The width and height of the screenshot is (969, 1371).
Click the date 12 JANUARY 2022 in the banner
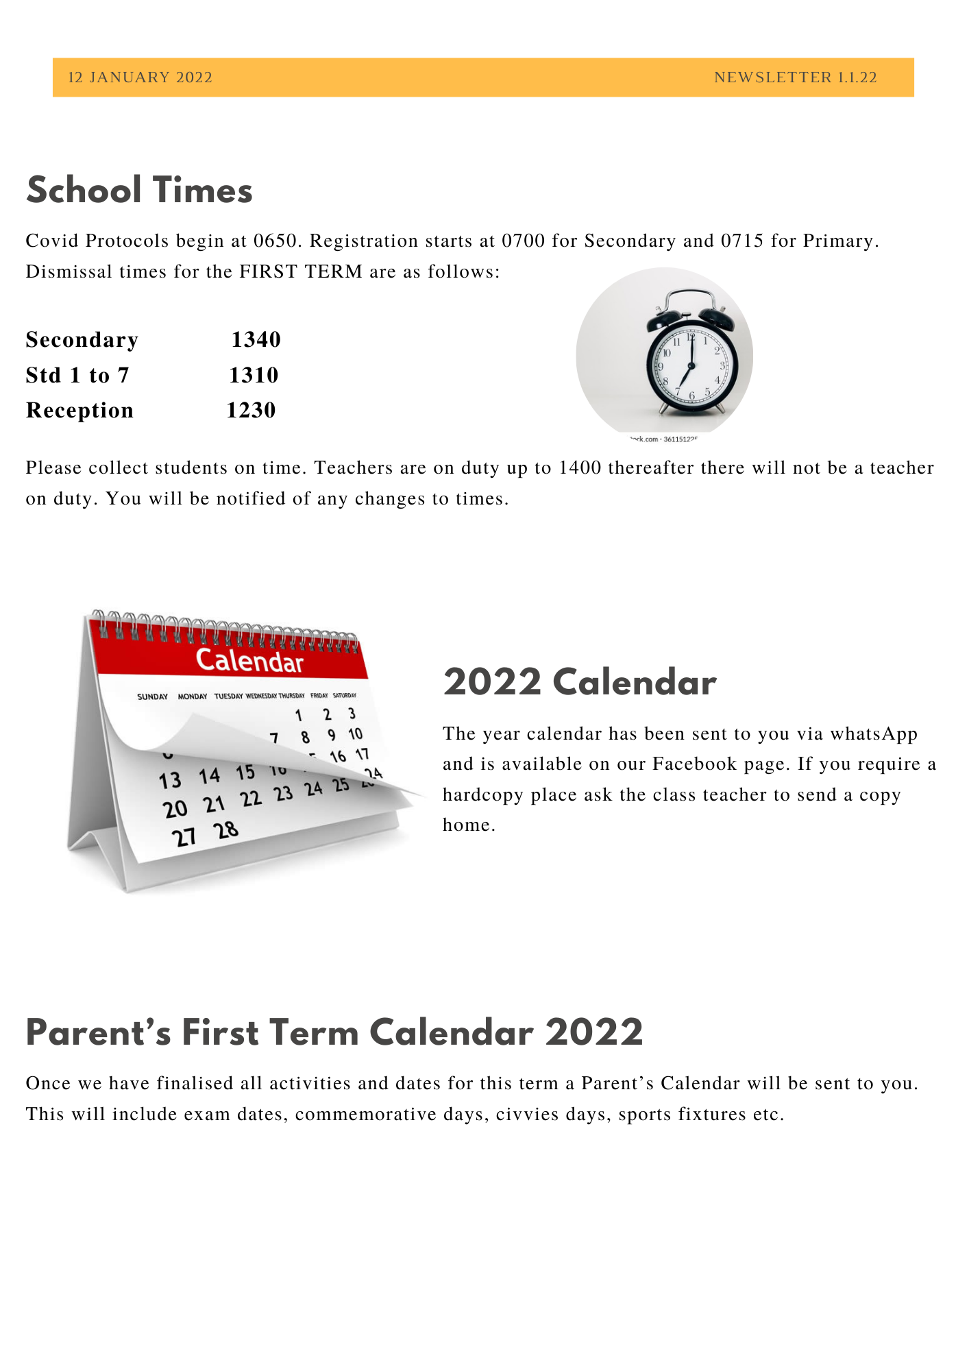140,77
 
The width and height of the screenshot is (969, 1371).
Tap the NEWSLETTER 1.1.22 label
795,77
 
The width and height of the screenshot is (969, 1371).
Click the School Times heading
139,191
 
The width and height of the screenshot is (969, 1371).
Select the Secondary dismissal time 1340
256,339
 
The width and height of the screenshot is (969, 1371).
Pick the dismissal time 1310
254,375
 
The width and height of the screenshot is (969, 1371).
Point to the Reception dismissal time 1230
251,410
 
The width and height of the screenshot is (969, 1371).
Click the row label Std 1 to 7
77,375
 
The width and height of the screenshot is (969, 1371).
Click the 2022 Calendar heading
580,683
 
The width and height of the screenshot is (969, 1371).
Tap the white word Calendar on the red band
249,661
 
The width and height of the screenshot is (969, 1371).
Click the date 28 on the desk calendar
225,831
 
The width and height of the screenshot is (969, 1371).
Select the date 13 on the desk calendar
170,780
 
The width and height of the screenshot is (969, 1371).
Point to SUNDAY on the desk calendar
152,696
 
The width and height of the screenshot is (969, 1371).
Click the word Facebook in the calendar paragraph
694,764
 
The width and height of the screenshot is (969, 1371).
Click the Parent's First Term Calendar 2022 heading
334,1033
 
